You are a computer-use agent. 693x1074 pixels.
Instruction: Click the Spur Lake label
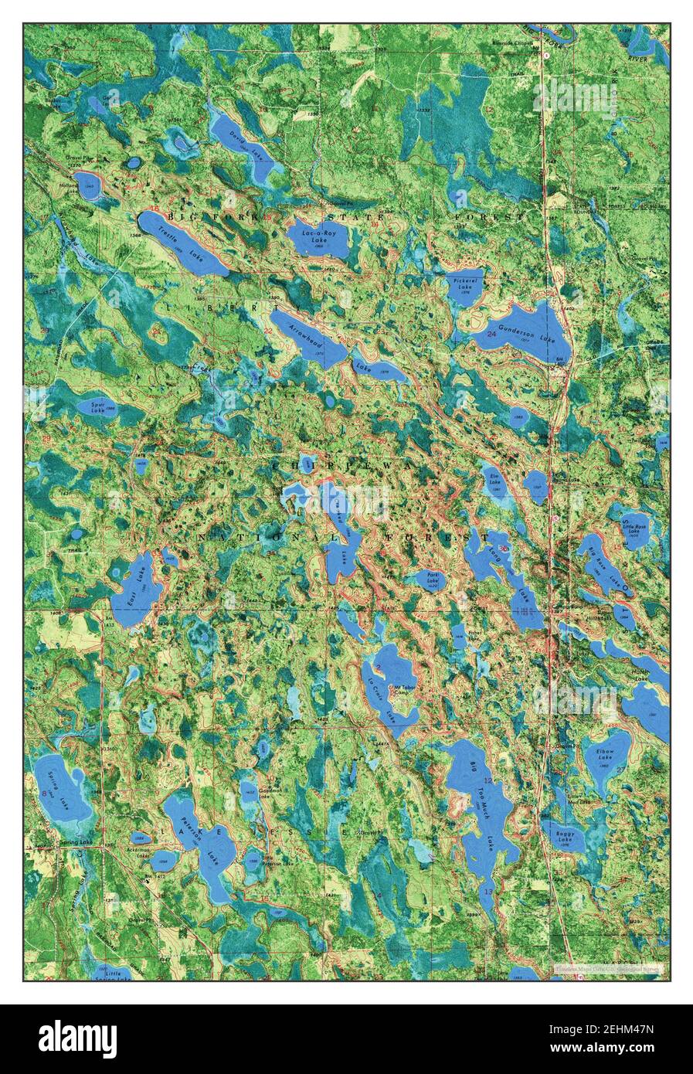point(97,407)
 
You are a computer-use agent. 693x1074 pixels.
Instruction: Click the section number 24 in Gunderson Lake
point(492,334)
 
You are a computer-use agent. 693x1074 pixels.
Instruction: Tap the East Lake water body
point(135,589)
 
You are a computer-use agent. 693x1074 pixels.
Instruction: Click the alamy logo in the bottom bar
point(77,1038)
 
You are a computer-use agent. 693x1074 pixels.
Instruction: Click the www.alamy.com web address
point(616,1050)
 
